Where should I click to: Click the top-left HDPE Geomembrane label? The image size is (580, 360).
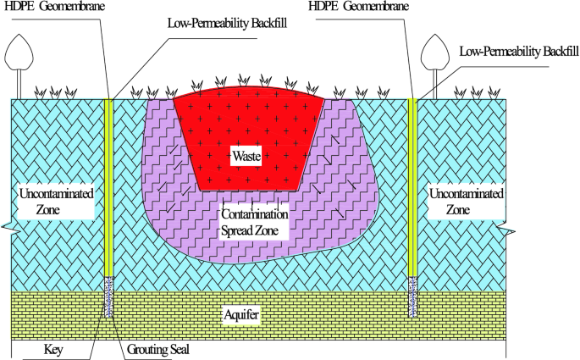point(51,7)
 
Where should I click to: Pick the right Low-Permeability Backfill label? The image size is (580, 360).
point(518,53)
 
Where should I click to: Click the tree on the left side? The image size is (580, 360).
point(19,60)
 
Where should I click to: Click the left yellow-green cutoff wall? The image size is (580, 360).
point(108,186)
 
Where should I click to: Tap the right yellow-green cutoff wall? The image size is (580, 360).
point(412,186)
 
